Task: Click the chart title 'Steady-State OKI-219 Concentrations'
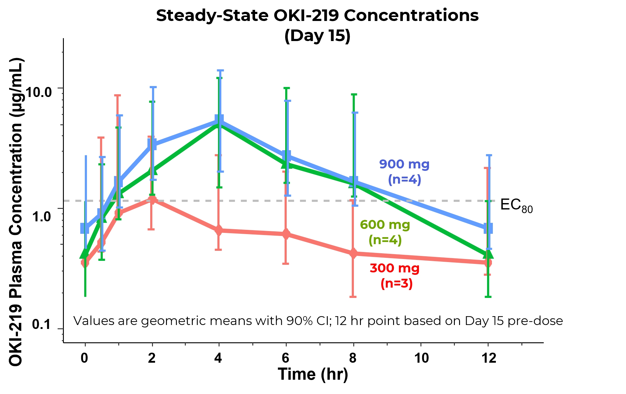click(x=317, y=16)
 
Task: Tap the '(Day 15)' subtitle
click(x=317, y=36)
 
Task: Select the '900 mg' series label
click(x=404, y=164)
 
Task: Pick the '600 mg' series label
click(x=385, y=225)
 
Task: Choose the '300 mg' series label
click(x=395, y=268)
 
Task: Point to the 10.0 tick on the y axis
click(x=39, y=92)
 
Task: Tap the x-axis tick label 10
click(x=421, y=358)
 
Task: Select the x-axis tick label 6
click(x=285, y=358)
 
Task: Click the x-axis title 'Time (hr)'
click(x=313, y=374)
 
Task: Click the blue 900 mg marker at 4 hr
click(x=219, y=119)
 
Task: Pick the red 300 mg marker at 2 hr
click(x=152, y=200)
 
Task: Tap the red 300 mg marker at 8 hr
click(x=353, y=254)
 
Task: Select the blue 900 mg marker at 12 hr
click(x=488, y=228)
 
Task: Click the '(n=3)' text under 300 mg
click(x=396, y=283)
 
